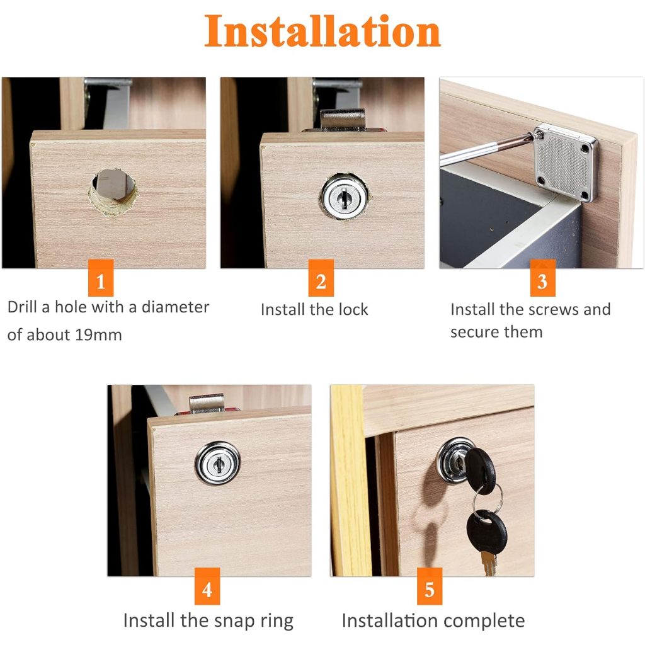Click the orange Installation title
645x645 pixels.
(x=322, y=31)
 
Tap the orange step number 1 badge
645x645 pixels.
(x=101, y=278)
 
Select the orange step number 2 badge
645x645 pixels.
(x=321, y=278)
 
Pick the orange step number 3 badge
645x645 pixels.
(x=542, y=278)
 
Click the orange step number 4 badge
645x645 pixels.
(x=207, y=586)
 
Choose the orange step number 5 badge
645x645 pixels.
(x=430, y=586)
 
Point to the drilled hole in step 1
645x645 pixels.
(x=112, y=191)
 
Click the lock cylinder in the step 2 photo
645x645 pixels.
(x=345, y=197)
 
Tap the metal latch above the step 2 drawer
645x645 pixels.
(x=343, y=120)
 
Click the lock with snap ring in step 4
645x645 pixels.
(x=217, y=464)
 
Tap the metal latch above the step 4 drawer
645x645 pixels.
(x=207, y=403)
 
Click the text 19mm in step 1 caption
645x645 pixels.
(x=98, y=335)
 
